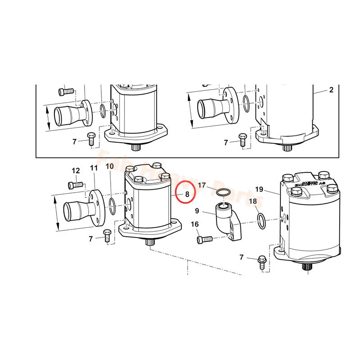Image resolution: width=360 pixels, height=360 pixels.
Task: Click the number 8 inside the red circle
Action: (x=187, y=194)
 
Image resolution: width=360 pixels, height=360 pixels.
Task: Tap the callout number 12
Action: (x=76, y=171)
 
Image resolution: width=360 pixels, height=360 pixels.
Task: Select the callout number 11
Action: (x=94, y=168)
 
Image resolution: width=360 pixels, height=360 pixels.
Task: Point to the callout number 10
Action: (x=110, y=166)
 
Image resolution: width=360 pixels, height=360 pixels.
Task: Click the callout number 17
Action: (x=202, y=185)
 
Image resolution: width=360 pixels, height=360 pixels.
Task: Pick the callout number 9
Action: (x=197, y=210)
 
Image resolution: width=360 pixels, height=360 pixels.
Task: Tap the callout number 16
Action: (x=195, y=224)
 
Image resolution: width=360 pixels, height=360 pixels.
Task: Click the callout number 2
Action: (x=331, y=90)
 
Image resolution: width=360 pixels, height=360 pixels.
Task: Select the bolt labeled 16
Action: (x=204, y=239)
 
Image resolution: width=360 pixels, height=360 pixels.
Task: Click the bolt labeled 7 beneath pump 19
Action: (x=262, y=262)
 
